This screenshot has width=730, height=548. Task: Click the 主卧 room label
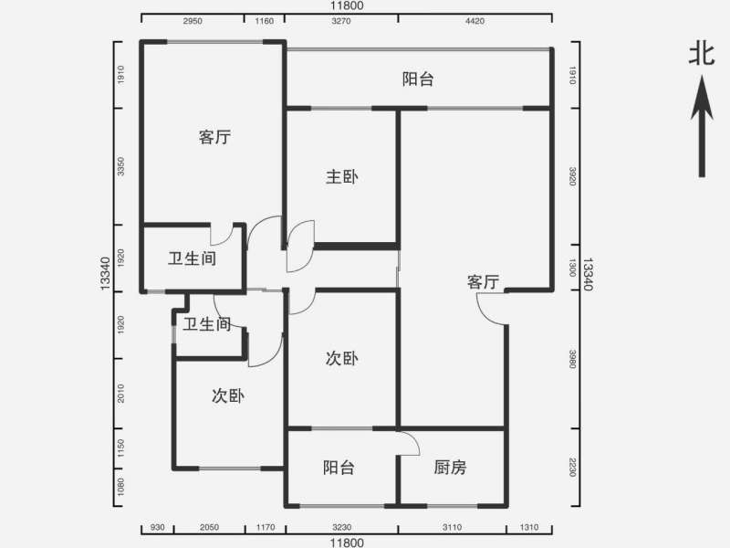(342, 177)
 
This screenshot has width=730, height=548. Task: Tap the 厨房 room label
(450, 468)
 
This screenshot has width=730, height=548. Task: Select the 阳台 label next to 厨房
(339, 468)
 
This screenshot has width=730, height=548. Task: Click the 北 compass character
(701, 56)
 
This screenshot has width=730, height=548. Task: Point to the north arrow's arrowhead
(701, 96)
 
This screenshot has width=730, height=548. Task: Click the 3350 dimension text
(121, 167)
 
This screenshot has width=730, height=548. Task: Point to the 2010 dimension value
(121, 394)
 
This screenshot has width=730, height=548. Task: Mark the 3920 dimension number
(573, 176)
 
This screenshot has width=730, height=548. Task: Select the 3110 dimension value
(451, 529)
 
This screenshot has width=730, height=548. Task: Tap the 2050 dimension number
(210, 529)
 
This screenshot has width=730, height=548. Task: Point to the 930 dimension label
(158, 529)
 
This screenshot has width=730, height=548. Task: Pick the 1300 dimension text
(573, 268)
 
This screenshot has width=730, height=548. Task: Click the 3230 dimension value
(341, 529)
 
